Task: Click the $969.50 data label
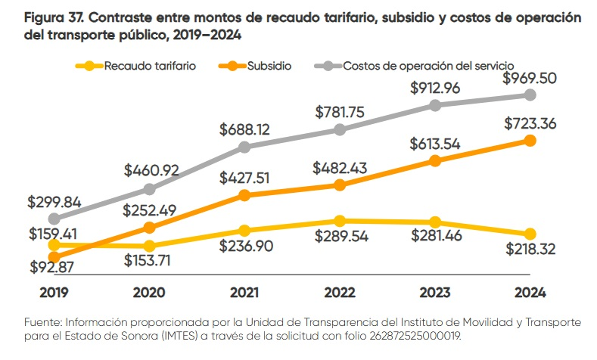(530, 78)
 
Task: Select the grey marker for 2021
(244, 147)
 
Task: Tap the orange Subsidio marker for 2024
(530, 141)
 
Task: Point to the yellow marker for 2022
(340, 221)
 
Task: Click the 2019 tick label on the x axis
(53, 292)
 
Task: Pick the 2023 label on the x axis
(434, 292)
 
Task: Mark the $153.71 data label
(149, 261)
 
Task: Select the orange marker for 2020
(149, 227)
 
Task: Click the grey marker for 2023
(434, 105)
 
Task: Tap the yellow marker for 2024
(530, 234)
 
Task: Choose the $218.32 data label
(530, 250)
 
